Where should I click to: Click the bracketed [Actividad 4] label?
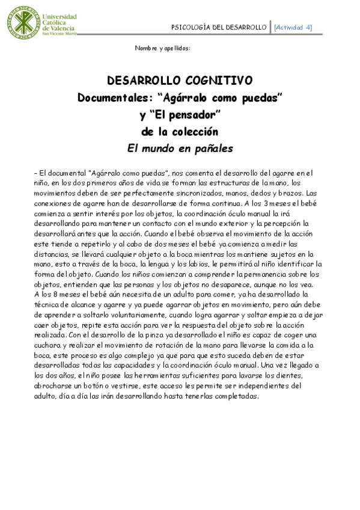pyautogui.click(x=293, y=27)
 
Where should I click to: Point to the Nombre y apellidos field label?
pyautogui.click(x=162, y=48)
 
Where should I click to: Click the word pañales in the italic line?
pyautogui.click(x=210, y=148)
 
